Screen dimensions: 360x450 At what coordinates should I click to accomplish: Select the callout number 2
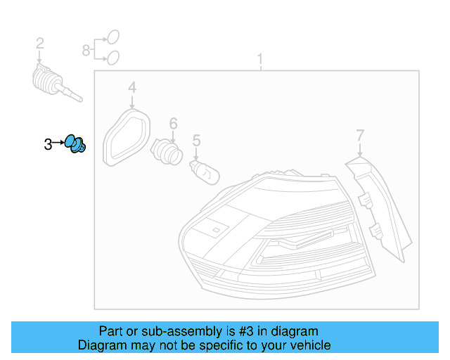point(40,44)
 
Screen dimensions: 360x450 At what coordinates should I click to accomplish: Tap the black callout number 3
point(48,145)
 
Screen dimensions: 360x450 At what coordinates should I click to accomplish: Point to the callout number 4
point(131,88)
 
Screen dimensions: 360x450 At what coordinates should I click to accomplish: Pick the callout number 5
point(197,141)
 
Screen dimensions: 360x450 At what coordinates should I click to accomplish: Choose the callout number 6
point(173,122)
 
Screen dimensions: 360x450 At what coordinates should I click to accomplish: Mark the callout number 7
point(360,135)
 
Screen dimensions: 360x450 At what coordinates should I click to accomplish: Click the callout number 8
point(86,51)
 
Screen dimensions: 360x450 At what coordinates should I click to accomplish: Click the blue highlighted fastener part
point(75,144)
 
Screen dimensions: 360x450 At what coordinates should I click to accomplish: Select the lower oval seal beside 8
point(112,58)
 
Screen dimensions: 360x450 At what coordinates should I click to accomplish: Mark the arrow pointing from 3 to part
point(59,144)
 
